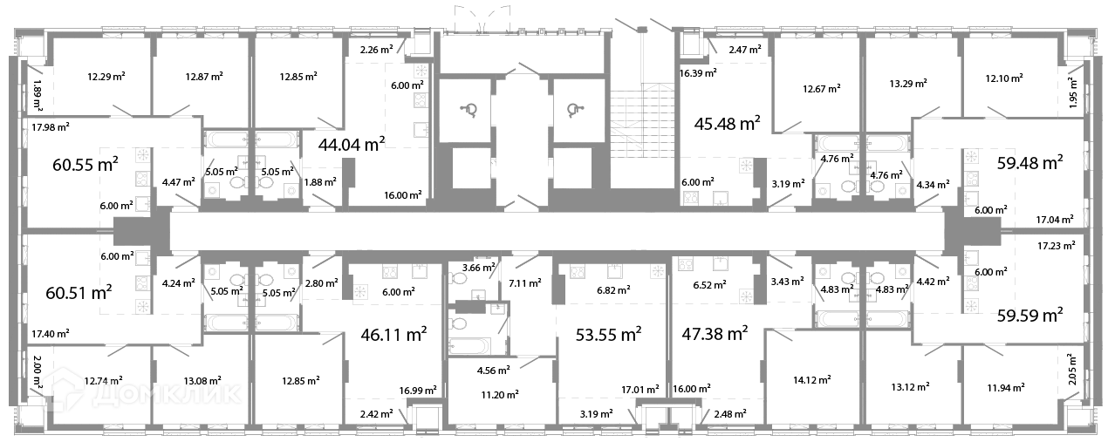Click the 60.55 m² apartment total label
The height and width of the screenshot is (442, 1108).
(85, 164)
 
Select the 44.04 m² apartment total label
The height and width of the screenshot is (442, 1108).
(352, 145)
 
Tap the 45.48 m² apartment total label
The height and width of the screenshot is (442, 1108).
(727, 123)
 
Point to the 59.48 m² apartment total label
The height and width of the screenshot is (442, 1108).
(1029, 163)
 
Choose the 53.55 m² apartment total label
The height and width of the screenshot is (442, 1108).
(608, 334)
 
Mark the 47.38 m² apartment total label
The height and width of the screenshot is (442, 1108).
(715, 333)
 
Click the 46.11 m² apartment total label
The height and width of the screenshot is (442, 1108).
(393, 334)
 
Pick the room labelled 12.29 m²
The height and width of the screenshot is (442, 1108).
(106, 77)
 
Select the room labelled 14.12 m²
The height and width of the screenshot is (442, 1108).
(811, 380)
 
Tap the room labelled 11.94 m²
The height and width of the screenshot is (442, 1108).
(1006, 388)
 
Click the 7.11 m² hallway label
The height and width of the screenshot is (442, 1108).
(525, 283)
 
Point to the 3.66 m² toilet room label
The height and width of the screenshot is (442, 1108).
(478, 268)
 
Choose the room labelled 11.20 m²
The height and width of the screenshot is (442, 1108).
(500, 395)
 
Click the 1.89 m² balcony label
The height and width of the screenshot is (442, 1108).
(38, 94)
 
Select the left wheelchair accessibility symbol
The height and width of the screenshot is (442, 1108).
(469, 110)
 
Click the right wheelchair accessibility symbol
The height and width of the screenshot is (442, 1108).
(575, 110)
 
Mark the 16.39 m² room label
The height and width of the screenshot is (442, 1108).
(698, 73)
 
